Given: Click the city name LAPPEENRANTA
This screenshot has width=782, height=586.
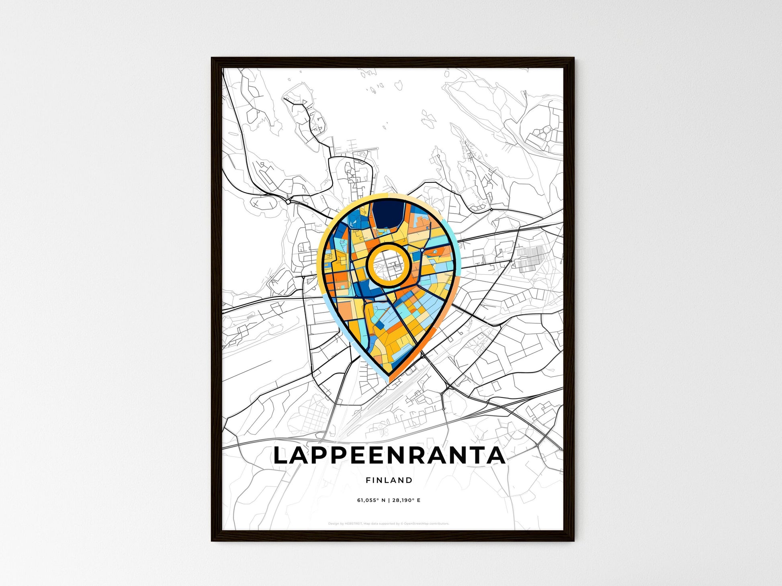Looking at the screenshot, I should pyautogui.click(x=389, y=455).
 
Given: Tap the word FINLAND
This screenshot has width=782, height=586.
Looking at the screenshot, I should pyautogui.click(x=389, y=480).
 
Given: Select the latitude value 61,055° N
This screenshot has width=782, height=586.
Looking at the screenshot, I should pyautogui.click(x=371, y=500).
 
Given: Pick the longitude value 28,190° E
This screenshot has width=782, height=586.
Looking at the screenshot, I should pyautogui.click(x=407, y=500).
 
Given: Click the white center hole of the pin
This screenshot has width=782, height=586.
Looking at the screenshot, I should pyautogui.click(x=388, y=265).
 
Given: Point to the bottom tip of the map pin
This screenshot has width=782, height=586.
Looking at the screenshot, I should pyautogui.click(x=389, y=376).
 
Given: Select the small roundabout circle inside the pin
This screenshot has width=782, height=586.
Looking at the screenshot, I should pyautogui.click(x=422, y=250).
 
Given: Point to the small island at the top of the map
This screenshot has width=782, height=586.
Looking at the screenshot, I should pyautogui.click(x=399, y=85).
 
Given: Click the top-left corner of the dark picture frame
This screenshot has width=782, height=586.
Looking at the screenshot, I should pyautogui.click(x=212, y=59).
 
